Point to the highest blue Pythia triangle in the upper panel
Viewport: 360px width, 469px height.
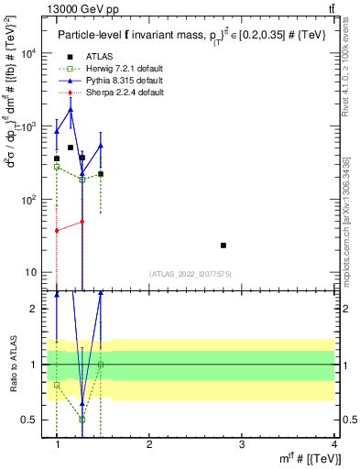[71, 110]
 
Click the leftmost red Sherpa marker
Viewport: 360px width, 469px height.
[57, 231]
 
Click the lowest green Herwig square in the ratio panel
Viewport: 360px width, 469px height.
[82, 420]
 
